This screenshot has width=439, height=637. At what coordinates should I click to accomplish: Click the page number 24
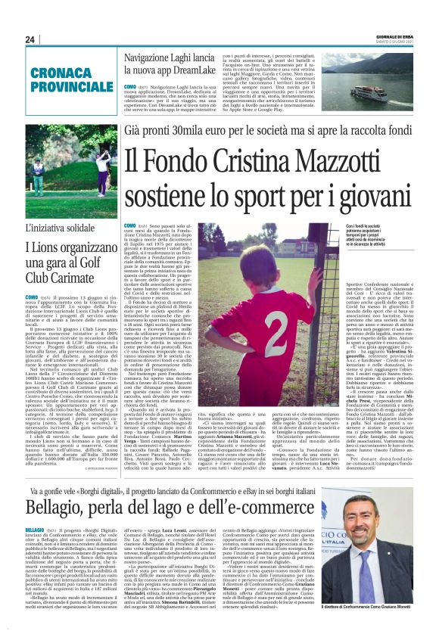tap(30, 39)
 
